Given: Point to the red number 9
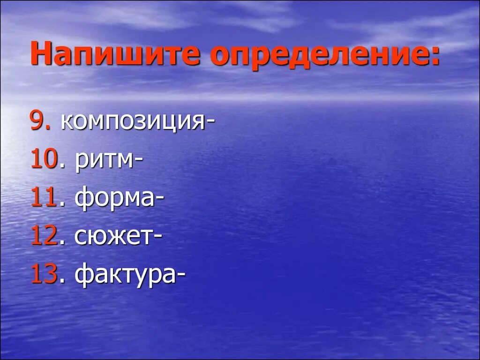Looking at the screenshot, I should [37, 122].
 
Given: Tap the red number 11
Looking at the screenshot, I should [44, 199].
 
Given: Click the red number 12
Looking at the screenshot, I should [44, 237].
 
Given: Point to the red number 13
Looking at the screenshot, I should [44, 275].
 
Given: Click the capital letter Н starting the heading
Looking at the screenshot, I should [40, 55].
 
